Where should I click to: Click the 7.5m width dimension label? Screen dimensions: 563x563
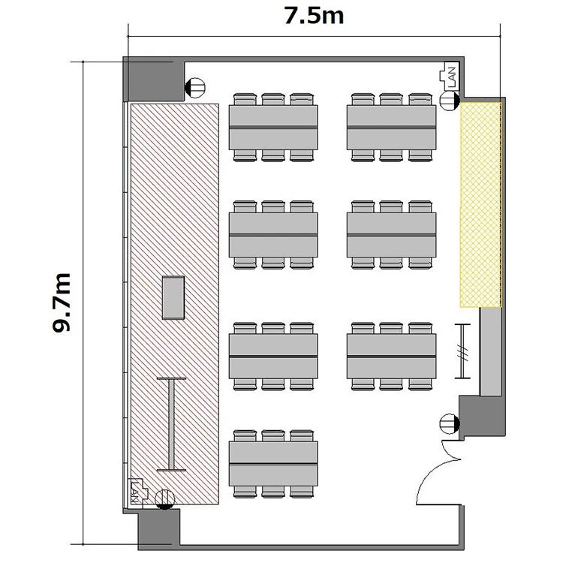pos(314,17)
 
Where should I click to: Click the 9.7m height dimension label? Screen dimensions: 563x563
pos(62,303)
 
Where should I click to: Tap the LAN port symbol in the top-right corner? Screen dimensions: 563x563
pos(449,76)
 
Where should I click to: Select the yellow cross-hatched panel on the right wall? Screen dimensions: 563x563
pos(480,205)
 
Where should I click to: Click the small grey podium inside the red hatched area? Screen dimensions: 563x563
pos(173,297)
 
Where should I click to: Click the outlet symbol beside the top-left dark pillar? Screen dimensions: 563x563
pos(194,88)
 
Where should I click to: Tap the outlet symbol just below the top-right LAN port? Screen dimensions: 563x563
pos(450,100)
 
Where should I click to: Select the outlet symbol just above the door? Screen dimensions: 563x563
pos(450,423)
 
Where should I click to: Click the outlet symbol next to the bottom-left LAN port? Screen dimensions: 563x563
pos(165,499)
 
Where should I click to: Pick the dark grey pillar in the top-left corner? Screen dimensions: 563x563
pos(154,79)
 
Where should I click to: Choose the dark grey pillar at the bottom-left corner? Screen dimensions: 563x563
pos(158,529)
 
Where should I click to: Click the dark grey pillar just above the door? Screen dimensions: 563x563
pos(482,417)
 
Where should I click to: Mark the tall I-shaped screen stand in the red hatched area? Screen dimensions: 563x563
pos(172,424)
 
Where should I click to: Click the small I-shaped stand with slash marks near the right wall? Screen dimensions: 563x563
pos(462,351)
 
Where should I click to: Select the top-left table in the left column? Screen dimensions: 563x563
pos(273,127)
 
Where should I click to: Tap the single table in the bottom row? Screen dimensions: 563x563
pos(273,464)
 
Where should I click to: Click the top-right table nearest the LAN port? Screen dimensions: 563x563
pos(391,127)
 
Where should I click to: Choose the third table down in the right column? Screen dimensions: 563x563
pos(391,356)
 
